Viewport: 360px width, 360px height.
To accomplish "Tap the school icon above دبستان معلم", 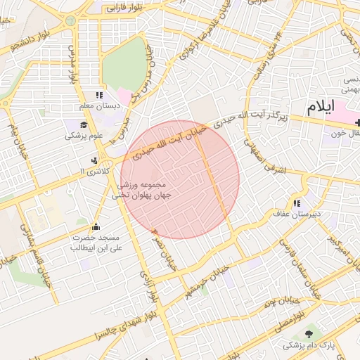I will coord(98,95).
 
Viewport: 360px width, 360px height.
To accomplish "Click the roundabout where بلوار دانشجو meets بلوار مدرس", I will coord(71,21).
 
